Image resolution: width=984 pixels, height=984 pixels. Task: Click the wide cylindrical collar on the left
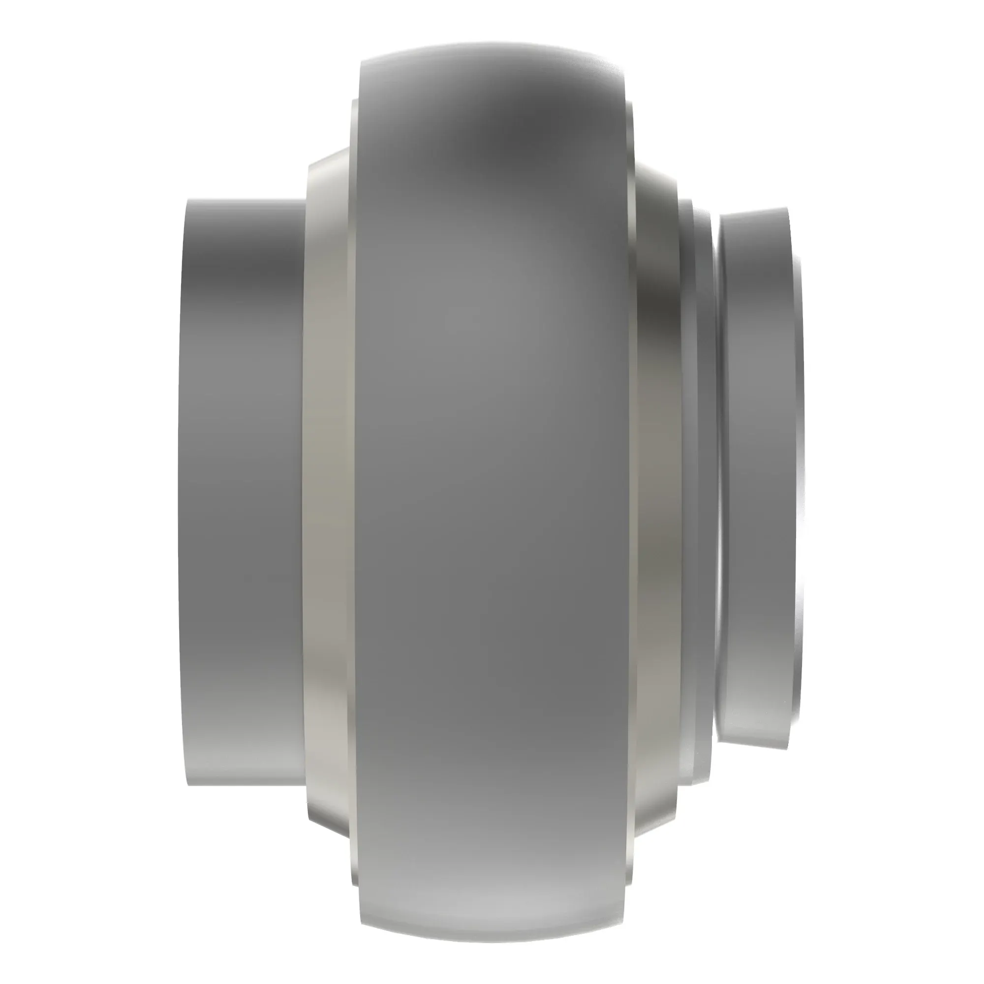pos(242,489)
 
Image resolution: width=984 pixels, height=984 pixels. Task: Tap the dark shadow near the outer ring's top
pos(504,132)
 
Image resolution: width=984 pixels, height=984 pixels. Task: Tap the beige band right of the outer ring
pos(657,489)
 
